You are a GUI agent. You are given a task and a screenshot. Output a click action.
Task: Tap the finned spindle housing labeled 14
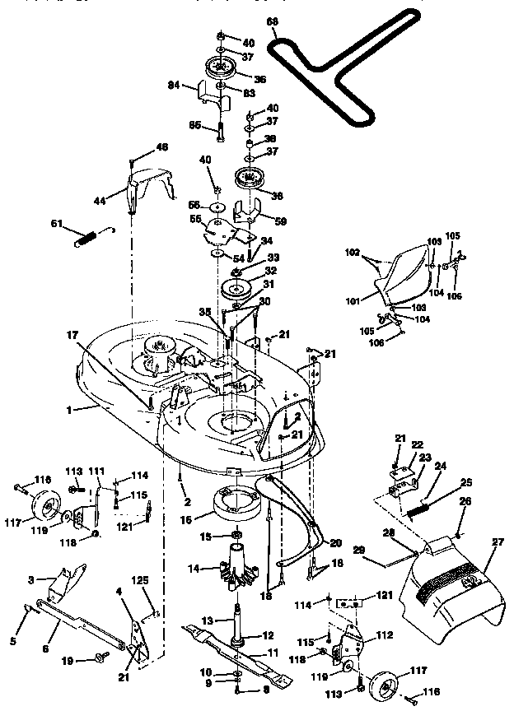click(x=236, y=569)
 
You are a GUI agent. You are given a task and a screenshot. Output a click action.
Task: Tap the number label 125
click(x=142, y=581)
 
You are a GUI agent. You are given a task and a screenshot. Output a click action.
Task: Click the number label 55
click(x=195, y=221)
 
